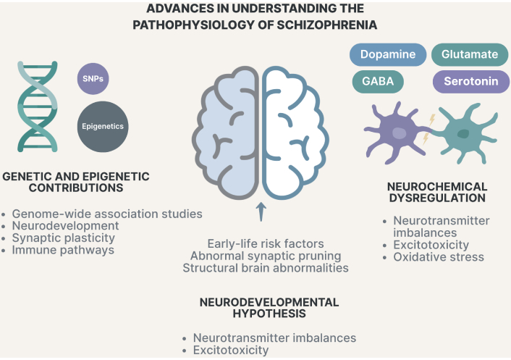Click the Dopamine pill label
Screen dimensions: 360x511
387,56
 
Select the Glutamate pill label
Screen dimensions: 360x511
465,56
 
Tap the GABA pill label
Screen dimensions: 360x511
379,81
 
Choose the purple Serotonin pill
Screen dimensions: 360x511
466,81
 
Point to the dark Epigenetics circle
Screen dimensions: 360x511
102,126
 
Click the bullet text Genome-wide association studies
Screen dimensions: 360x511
107,214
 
